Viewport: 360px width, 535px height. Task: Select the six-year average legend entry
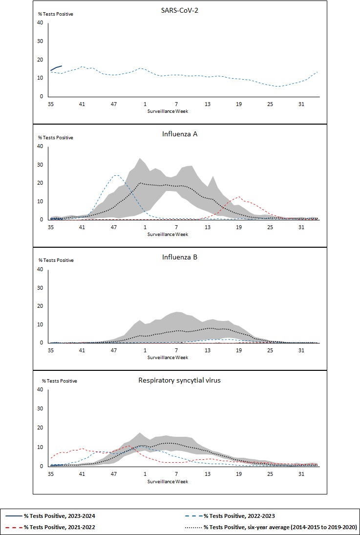(280, 527)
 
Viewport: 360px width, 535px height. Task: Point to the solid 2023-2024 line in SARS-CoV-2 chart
(56, 67)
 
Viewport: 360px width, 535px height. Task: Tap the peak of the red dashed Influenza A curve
(238, 197)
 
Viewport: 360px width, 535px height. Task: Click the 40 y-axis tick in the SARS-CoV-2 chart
(42, 23)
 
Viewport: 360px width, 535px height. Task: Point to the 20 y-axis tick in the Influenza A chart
(42, 183)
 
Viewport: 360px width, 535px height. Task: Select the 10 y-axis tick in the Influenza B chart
(42, 325)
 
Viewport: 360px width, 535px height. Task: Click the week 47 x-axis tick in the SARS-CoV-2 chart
(113, 104)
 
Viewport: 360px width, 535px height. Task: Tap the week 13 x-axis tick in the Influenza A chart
(208, 227)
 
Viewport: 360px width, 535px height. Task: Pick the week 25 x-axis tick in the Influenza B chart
(270, 350)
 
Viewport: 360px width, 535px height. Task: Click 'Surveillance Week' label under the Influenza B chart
(168, 357)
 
